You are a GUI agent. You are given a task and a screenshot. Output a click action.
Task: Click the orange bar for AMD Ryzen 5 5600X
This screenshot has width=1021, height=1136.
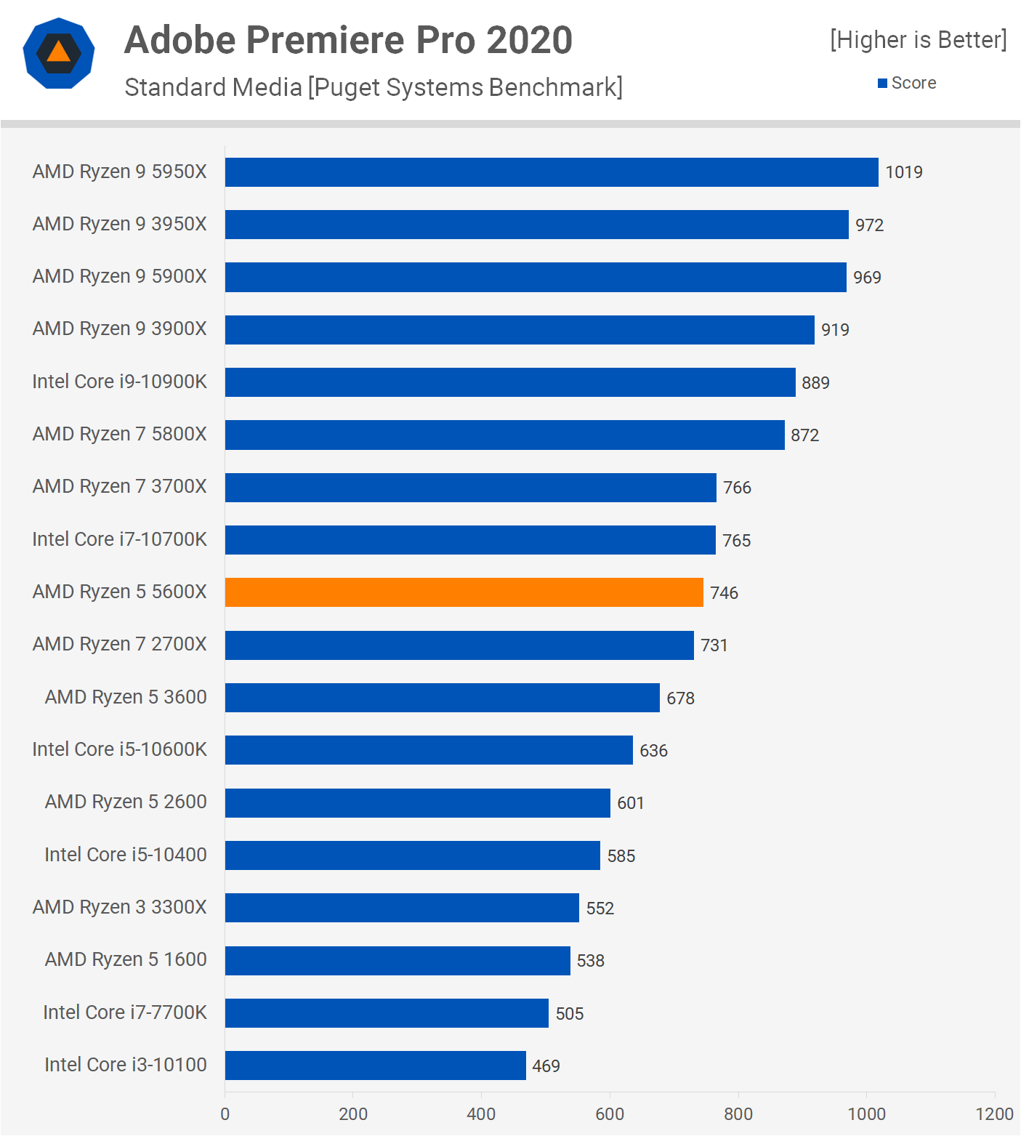464,592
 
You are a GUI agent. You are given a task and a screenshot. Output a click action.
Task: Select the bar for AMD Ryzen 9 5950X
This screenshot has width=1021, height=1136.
551,172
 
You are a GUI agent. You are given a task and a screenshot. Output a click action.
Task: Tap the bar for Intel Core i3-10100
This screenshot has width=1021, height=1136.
375,1065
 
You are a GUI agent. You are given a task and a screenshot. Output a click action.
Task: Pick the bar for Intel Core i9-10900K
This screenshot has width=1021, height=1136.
509,382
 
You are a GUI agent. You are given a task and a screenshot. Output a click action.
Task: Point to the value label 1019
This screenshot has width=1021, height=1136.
903,172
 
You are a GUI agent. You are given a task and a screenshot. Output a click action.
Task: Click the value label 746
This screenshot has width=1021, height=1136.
724,593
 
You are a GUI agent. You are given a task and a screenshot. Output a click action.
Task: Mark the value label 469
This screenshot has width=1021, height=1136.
546,1066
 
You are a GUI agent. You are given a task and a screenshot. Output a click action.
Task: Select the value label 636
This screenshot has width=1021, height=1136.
653,751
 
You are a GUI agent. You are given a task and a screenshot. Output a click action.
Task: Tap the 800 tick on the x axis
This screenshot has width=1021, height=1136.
738,1114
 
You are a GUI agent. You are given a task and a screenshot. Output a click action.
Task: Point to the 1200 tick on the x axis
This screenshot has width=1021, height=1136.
994,1114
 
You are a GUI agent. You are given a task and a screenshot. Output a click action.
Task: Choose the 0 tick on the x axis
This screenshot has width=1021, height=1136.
225,1114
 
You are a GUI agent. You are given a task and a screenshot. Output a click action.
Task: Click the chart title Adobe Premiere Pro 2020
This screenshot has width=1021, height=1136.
348,40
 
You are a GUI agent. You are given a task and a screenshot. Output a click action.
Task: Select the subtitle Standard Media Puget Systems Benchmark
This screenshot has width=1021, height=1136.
374,87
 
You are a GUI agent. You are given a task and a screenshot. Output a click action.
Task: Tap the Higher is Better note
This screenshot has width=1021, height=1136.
919,40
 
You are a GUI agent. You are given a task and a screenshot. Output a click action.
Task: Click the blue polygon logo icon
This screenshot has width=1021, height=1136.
59,53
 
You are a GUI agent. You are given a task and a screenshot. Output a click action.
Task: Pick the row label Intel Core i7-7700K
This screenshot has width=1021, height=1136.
125,1012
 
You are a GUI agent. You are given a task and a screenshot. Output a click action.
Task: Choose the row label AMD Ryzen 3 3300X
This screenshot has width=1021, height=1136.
120,907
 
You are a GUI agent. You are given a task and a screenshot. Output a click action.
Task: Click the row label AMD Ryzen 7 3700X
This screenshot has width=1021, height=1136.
120,486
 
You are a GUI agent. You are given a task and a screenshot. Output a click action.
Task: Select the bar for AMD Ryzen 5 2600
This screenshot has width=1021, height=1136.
417,803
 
